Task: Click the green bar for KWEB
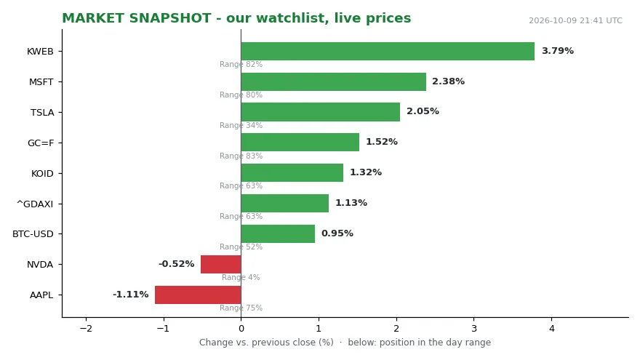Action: pyautogui.click(x=388, y=52)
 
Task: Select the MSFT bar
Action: pyautogui.click(x=334, y=81)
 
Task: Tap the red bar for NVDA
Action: pyautogui.click(x=221, y=265)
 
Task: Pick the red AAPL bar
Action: pyautogui.click(x=198, y=295)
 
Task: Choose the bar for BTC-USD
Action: pyautogui.click(x=278, y=234)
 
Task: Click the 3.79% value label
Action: pyautogui.click(x=558, y=51)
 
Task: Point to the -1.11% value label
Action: pyautogui.click(x=131, y=295)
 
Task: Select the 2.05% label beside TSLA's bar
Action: pyautogui.click(x=423, y=111)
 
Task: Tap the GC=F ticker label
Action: pyautogui.click(x=41, y=143)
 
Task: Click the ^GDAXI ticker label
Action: pyautogui.click(x=35, y=204)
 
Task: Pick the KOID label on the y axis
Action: pyautogui.click(x=42, y=174)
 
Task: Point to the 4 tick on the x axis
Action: pyautogui.click(x=552, y=329)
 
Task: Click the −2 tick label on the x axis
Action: pyautogui.click(x=86, y=329)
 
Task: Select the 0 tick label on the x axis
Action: pyautogui.click(x=241, y=329)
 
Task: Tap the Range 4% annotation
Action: pyautogui.click(x=241, y=277)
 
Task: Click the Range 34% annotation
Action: pyautogui.click(x=241, y=125)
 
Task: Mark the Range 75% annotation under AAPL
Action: pyautogui.click(x=241, y=308)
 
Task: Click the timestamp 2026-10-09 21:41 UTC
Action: pyautogui.click(x=575, y=20)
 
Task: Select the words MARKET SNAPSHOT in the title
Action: pyautogui.click(x=137, y=18)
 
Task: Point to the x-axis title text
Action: pyautogui.click(x=345, y=342)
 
